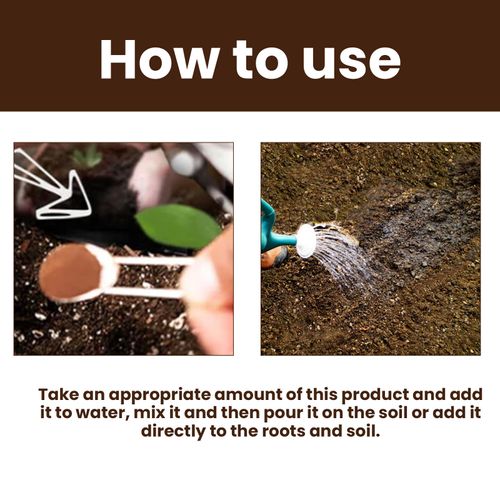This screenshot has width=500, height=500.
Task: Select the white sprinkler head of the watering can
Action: coord(306,240)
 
